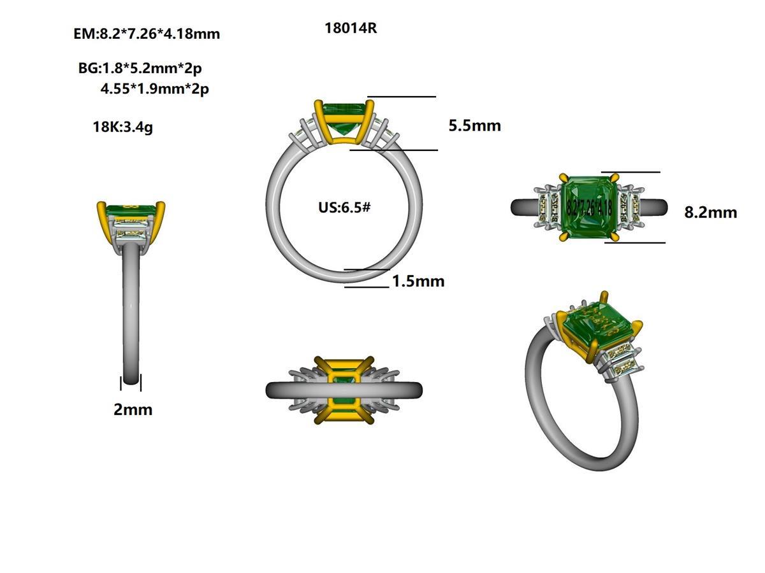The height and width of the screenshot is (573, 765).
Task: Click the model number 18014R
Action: click(x=351, y=29)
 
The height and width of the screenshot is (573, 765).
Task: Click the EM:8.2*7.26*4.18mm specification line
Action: click(x=147, y=34)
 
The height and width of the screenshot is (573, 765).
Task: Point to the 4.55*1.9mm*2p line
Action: click(x=154, y=89)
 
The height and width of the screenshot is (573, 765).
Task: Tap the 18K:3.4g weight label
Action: click(x=122, y=127)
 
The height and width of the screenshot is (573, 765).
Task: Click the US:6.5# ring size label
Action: click(x=344, y=208)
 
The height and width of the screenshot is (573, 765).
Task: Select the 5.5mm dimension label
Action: click(x=474, y=125)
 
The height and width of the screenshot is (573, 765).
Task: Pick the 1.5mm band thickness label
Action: click(x=418, y=281)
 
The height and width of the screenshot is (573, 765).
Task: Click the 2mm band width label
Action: click(x=133, y=409)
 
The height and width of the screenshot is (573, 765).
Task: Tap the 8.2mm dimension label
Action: click(x=710, y=212)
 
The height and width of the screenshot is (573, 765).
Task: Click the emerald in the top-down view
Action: click(x=588, y=207)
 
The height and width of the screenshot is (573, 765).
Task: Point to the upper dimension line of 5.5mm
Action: click(x=401, y=97)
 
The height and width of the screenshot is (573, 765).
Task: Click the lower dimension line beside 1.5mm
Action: click(x=367, y=287)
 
